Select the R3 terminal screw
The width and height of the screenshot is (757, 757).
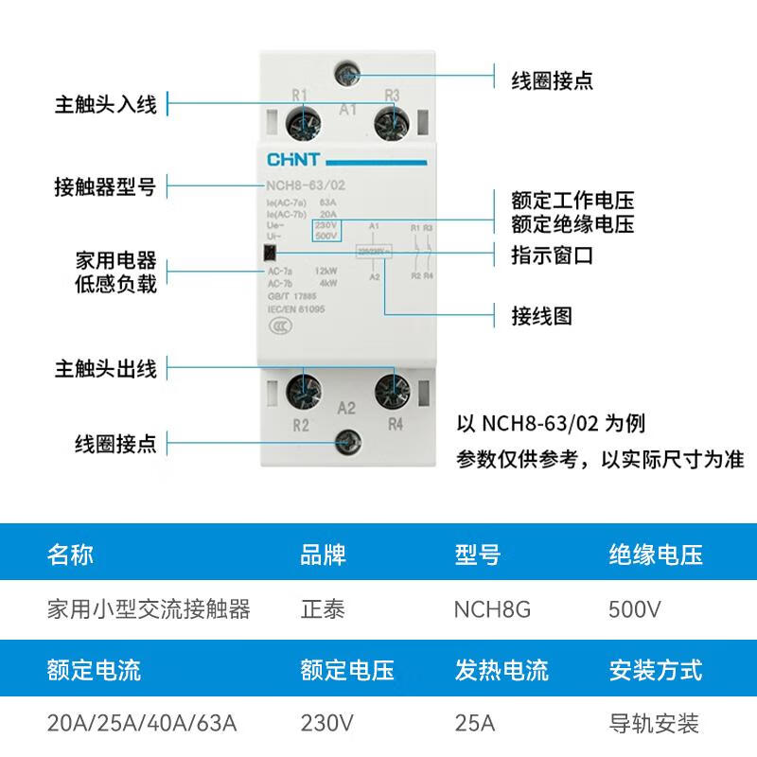tap(389, 124)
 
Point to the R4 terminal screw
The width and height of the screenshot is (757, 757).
tap(389, 389)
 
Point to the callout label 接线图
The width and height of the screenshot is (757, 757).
tap(541, 315)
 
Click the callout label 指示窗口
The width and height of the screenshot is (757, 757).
tap(553, 255)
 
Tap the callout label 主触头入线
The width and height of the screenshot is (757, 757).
tap(105, 104)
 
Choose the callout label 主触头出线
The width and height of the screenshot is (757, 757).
tap(105, 367)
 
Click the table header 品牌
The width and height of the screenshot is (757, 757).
tap(323, 555)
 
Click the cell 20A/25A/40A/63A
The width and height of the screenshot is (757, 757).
tap(142, 725)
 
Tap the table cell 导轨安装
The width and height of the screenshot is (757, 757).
tap(654, 725)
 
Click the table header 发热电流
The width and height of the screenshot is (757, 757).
tap(502, 671)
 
